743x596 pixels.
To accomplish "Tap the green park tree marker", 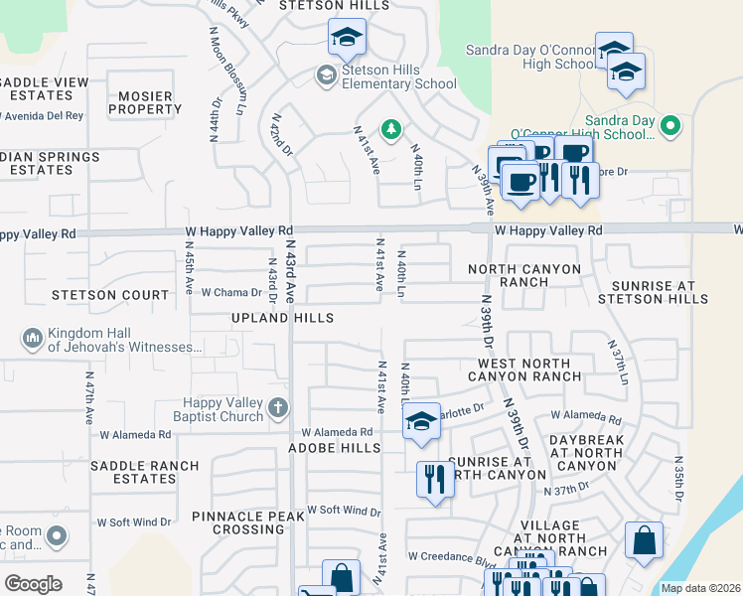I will point(392,128).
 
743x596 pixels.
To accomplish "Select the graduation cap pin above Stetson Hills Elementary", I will point(347,39).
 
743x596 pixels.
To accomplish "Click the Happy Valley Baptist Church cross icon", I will point(278,406).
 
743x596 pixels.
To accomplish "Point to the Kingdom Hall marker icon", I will point(33,339).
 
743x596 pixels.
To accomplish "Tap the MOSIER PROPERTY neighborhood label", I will point(144,102).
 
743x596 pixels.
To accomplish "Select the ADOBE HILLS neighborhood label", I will point(334,448).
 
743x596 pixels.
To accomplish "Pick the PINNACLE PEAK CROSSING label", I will point(249,522).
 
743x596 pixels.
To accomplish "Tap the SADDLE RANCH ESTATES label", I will point(144,472).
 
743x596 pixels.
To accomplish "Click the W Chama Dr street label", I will point(231,293).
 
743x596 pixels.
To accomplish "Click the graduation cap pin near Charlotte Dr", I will point(421,422).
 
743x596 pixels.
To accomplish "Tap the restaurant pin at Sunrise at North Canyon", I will point(434,480).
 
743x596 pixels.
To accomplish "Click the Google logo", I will point(33,583).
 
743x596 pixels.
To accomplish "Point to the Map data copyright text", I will point(699,588).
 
